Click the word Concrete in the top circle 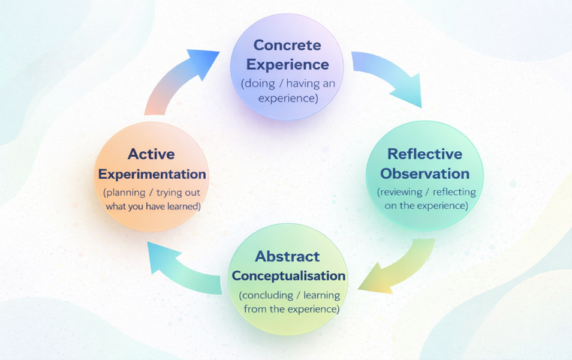click(x=287, y=45)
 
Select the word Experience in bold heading click(x=287, y=64)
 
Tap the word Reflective click(x=425, y=154)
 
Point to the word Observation click(x=425, y=174)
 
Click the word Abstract click(x=287, y=257)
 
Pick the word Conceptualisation click(x=288, y=276)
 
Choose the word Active click(x=151, y=154)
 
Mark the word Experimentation click(x=152, y=175)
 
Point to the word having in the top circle click(x=299, y=84)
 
